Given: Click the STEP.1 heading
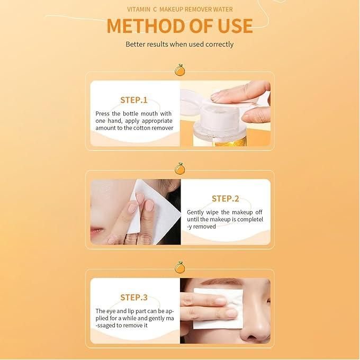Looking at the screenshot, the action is click(x=134, y=100).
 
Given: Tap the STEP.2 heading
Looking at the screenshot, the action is click(x=225, y=199).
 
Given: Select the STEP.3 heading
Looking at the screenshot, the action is click(x=134, y=298).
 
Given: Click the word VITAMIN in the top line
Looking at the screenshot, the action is click(x=139, y=10).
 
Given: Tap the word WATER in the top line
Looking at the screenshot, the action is click(x=223, y=10).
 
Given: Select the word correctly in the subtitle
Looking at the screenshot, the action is click(x=220, y=44).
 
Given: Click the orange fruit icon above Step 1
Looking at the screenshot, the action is click(x=180, y=70).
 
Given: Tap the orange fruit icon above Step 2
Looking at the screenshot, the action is click(x=180, y=168).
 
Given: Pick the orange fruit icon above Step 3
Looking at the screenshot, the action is click(x=180, y=267).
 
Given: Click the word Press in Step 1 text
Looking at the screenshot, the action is click(x=102, y=114).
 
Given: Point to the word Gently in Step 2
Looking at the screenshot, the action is click(x=195, y=213).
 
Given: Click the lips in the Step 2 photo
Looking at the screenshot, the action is click(x=97, y=230).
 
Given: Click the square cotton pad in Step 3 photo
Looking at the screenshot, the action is click(x=218, y=309).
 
